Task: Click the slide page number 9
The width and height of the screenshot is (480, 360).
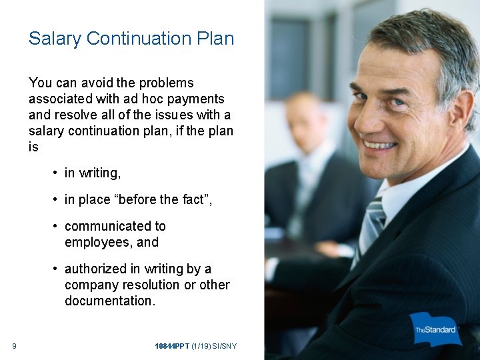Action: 14,345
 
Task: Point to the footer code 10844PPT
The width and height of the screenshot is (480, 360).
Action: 171,345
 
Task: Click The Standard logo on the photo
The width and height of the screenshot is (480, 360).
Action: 435,329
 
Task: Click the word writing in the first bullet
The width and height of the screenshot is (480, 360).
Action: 99,173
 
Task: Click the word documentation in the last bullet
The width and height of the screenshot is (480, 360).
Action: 109,301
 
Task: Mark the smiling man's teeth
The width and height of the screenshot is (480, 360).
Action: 379,144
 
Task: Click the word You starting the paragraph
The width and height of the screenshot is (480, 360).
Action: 40,83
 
